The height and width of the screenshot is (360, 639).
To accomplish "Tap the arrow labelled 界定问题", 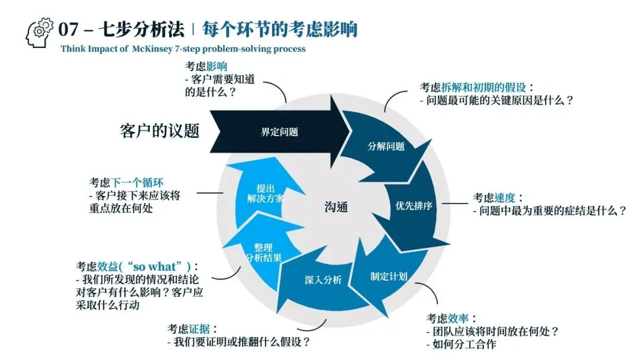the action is [x=279, y=132].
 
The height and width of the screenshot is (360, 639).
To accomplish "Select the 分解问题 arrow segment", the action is [x=386, y=146].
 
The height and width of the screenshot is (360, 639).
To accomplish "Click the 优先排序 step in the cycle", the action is [x=414, y=207].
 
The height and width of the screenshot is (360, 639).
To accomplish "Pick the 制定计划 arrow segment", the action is [x=388, y=276].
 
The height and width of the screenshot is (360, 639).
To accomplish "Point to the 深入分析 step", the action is [x=323, y=280].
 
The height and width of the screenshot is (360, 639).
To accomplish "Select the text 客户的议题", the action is [x=160, y=131].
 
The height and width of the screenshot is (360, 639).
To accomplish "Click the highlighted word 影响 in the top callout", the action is [x=217, y=66].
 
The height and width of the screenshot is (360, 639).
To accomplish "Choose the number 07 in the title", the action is [x=69, y=28].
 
